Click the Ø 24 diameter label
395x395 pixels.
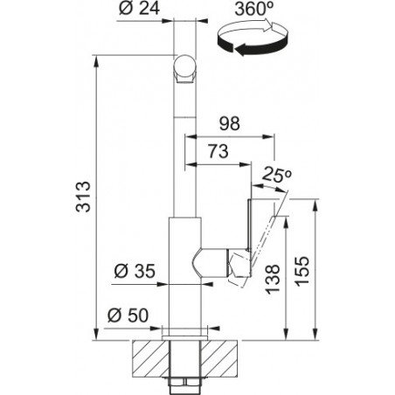(x=139, y=8)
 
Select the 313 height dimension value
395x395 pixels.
(x=83, y=197)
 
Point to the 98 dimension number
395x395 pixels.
(x=230, y=123)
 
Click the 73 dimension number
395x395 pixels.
(x=218, y=152)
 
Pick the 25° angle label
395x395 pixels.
(x=276, y=175)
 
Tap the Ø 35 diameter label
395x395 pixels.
(x=135, y=271)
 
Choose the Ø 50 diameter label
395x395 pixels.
(x=128, y=315)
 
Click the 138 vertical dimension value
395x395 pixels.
(x=274, y=279)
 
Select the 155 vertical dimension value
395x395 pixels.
(x=301, y=271)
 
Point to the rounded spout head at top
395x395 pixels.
(x=184, y=69)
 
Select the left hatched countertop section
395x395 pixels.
(x=150, y=358)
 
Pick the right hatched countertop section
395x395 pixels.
(x=218, y=358)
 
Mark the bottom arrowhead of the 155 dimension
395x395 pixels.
(x=315, y=334)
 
